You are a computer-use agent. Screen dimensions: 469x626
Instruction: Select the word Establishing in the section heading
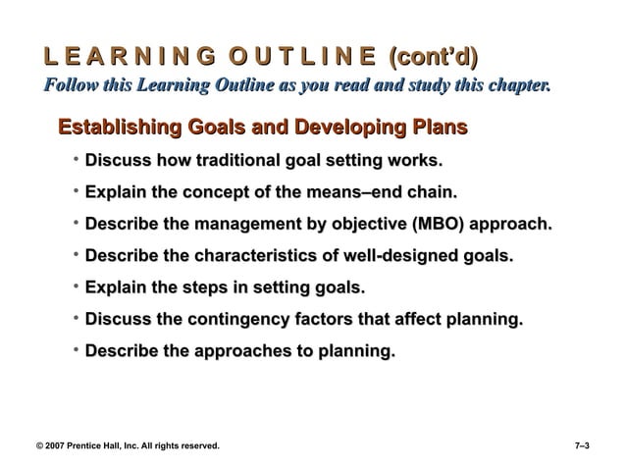[123, 128]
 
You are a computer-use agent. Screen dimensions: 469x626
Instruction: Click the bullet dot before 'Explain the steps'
[76, 288]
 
